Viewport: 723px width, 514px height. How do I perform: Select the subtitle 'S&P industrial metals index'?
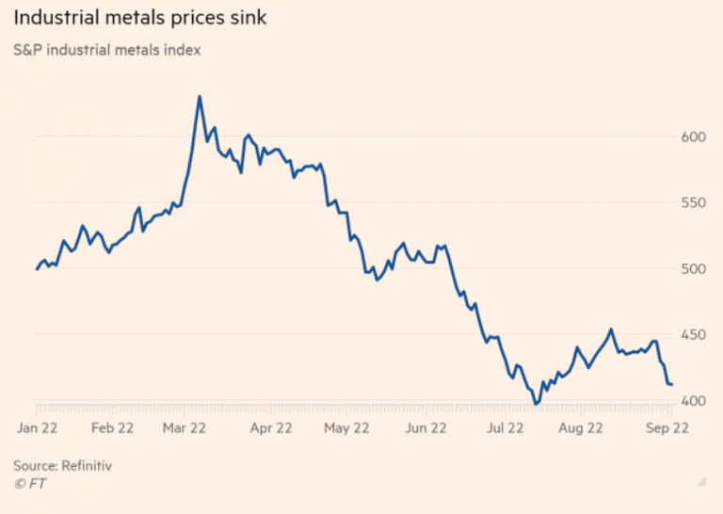click(106, 49)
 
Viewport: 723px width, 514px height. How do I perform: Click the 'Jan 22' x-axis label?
click(37, 428)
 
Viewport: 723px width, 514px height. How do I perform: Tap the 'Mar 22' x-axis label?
click(185, 428)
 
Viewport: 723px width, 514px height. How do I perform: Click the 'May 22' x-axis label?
click(347, 428)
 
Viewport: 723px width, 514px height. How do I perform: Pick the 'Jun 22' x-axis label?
click(426, 428)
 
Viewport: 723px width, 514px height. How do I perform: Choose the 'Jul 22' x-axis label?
click(505, 428)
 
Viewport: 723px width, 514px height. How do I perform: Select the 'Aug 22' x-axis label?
click(582, 428)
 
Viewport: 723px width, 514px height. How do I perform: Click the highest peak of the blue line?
click(200, 96)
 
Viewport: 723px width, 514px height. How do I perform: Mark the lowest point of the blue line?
click(536, 404)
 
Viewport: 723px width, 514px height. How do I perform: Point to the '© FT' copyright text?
click(30, 484)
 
